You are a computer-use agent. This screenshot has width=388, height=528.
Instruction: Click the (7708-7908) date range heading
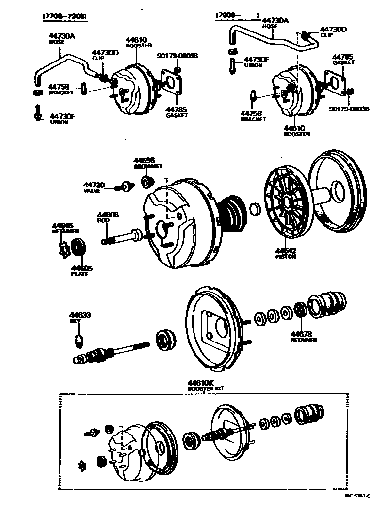[x=65, y=16]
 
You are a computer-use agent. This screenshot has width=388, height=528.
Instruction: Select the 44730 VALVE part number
[x=94, y=185]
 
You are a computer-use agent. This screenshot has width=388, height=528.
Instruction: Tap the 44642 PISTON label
[x=286, y=251]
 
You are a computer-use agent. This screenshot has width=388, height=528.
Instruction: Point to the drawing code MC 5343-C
[x=357, y=496]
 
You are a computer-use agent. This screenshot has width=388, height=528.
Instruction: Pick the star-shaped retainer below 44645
[x=62, y=248]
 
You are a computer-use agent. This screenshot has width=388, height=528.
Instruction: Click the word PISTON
[x=286, y=257]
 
